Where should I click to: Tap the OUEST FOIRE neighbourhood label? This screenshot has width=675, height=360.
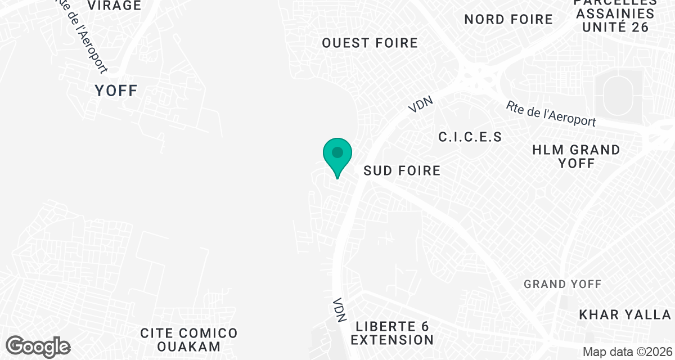[x=370, y=43]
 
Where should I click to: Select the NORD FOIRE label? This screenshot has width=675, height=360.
[x=508, y=19]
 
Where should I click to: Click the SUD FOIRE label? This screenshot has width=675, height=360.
[x=402, y=170]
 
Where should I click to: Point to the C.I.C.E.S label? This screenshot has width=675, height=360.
[x=470, y=137]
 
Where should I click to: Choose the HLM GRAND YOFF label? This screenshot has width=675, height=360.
[x=576, y=156]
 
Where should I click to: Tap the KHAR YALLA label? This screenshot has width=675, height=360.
[x=625, y=314]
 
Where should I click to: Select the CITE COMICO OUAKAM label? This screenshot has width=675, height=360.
[x=189, y=339]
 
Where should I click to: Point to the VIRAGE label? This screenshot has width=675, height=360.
[x=114, y=6]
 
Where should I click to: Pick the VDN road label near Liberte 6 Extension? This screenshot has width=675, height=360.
[x=339, y=310]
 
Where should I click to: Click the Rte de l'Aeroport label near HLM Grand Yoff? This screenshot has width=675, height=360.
[x=550, y=114]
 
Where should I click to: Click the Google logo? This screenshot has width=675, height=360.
[x=38, y=346]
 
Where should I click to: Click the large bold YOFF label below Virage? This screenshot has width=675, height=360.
[x=116, y=90]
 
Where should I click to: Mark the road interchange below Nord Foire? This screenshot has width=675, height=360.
[x=478, y=76]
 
